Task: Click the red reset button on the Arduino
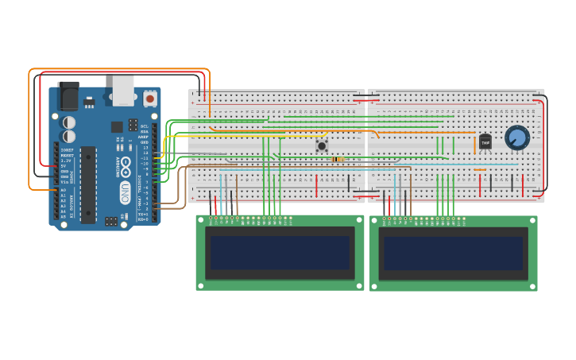click(x=149, y=99)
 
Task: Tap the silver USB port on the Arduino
click(x=123, y=90)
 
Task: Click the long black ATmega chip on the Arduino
click(x=88, y=184)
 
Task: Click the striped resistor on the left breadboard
click(x=338, y=159)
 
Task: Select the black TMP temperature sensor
click(x=485, y=141)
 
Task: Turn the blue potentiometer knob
click(x=517, y=137)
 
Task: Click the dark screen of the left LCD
click(x=280, y=253)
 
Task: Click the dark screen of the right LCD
click(x=453, y=253)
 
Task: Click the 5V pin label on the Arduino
click(x=64, y=166)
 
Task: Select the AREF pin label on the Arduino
click(x=144, y=137)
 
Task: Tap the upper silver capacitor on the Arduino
click(x=70, y=122)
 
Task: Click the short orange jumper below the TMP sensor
click(x=480, y=169)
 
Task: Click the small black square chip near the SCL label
click(x=117, y=126)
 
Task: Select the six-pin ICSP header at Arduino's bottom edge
click(x=111, y=221)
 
